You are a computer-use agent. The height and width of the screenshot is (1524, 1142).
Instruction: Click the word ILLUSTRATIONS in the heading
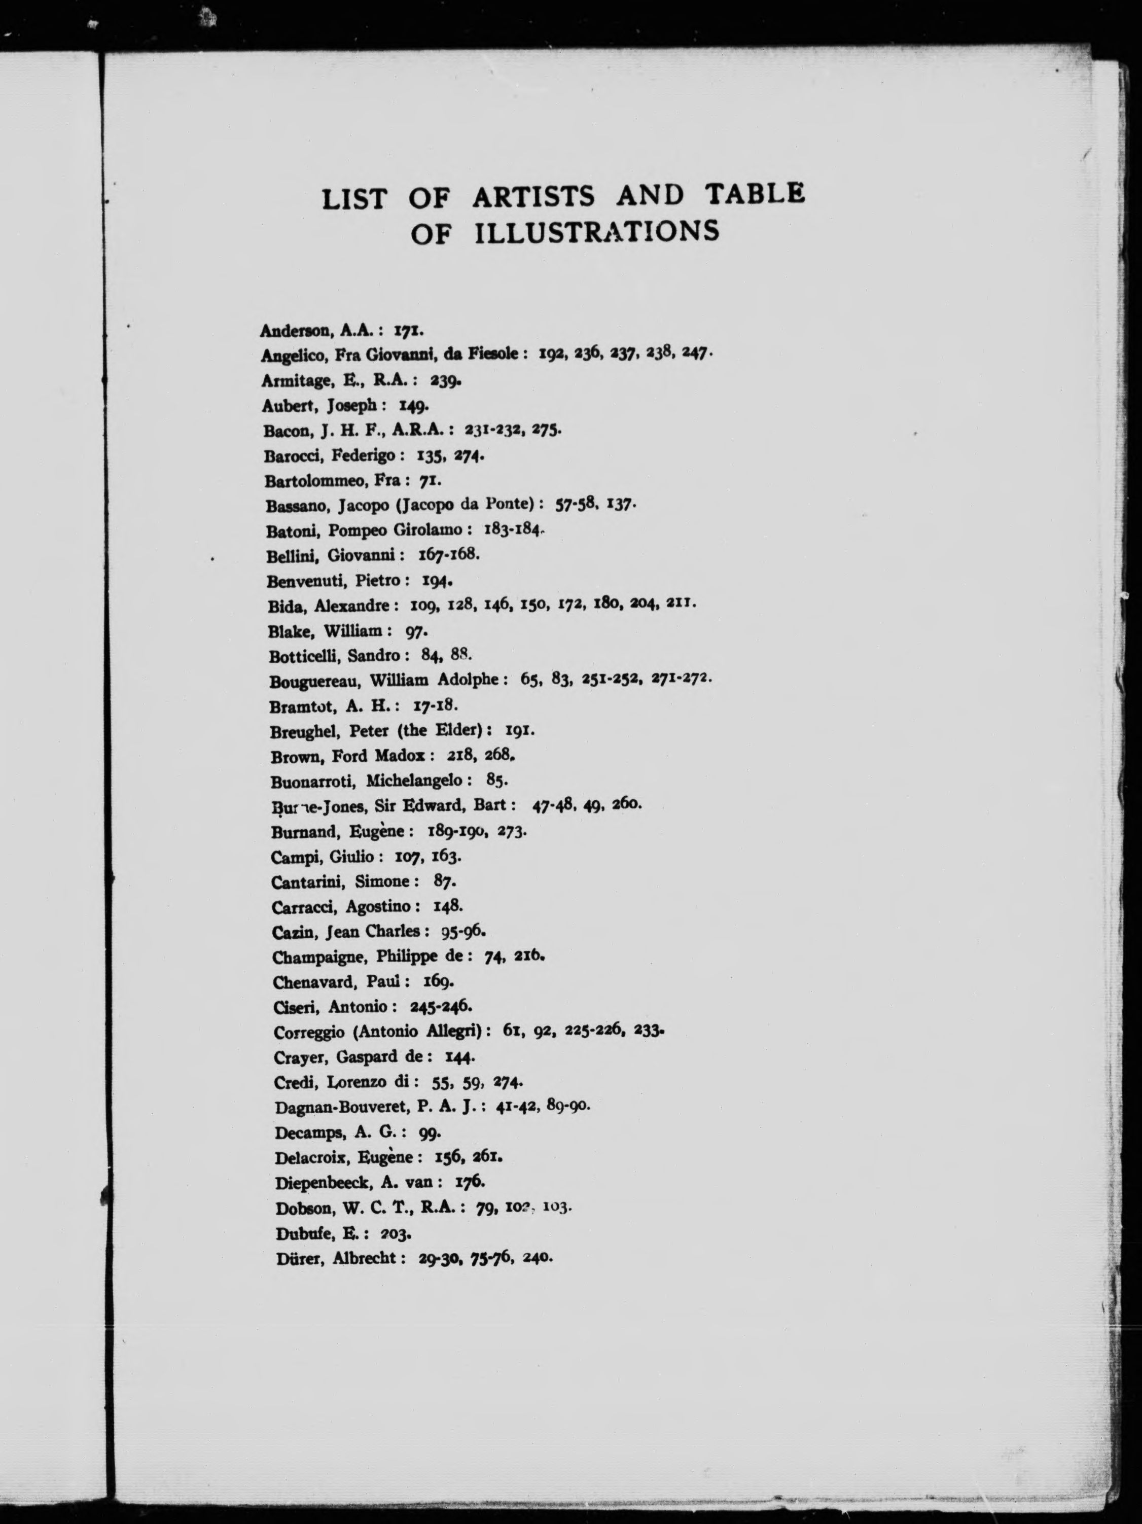click(x=596, y=233)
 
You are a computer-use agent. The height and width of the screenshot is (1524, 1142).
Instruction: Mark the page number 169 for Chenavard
click(x=437, y=981)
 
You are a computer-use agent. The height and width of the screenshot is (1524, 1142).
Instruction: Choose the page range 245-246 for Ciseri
click(x=441, y=1007)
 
